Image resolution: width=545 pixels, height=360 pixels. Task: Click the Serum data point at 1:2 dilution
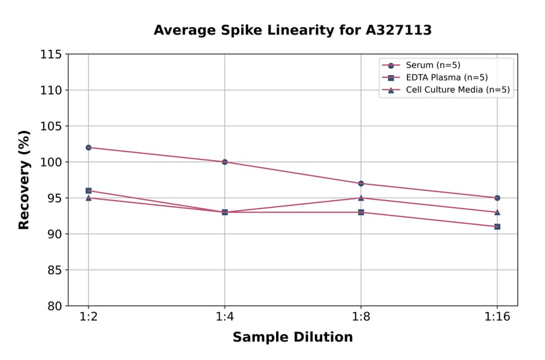(x=88, y=147)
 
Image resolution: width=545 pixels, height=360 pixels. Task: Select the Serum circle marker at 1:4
(x=225, y=162)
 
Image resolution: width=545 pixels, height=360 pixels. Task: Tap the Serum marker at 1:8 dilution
(x=361, y=184)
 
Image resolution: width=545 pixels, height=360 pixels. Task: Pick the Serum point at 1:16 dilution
(x=497, y=198)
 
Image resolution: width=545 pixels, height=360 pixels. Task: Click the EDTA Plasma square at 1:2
(x=88, y=190)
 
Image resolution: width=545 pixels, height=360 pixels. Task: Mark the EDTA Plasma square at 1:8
(x=361, y=212)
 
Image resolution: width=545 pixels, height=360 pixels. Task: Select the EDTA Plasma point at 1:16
(x=497, y=227)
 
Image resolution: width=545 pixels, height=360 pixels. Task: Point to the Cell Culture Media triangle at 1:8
(x=361, y=198)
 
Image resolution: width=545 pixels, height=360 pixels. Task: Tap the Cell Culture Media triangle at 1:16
(x=497, y=212)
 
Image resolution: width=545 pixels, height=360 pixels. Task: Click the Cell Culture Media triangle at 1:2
(x=88, y=198)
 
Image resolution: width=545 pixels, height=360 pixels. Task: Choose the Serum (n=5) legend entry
(x=428, y=65)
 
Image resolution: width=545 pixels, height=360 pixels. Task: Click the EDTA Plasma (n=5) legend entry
(x=438, y=78)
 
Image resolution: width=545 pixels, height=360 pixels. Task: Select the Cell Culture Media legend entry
(x=449, y=90)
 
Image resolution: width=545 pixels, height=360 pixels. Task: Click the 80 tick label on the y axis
(x=54, y=306)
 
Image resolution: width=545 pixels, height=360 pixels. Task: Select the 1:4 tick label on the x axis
(x=225, y=318)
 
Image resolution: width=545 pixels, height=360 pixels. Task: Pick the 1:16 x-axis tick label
(x=497, y=318)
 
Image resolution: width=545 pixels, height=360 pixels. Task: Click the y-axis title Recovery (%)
(x=24, y=180)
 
